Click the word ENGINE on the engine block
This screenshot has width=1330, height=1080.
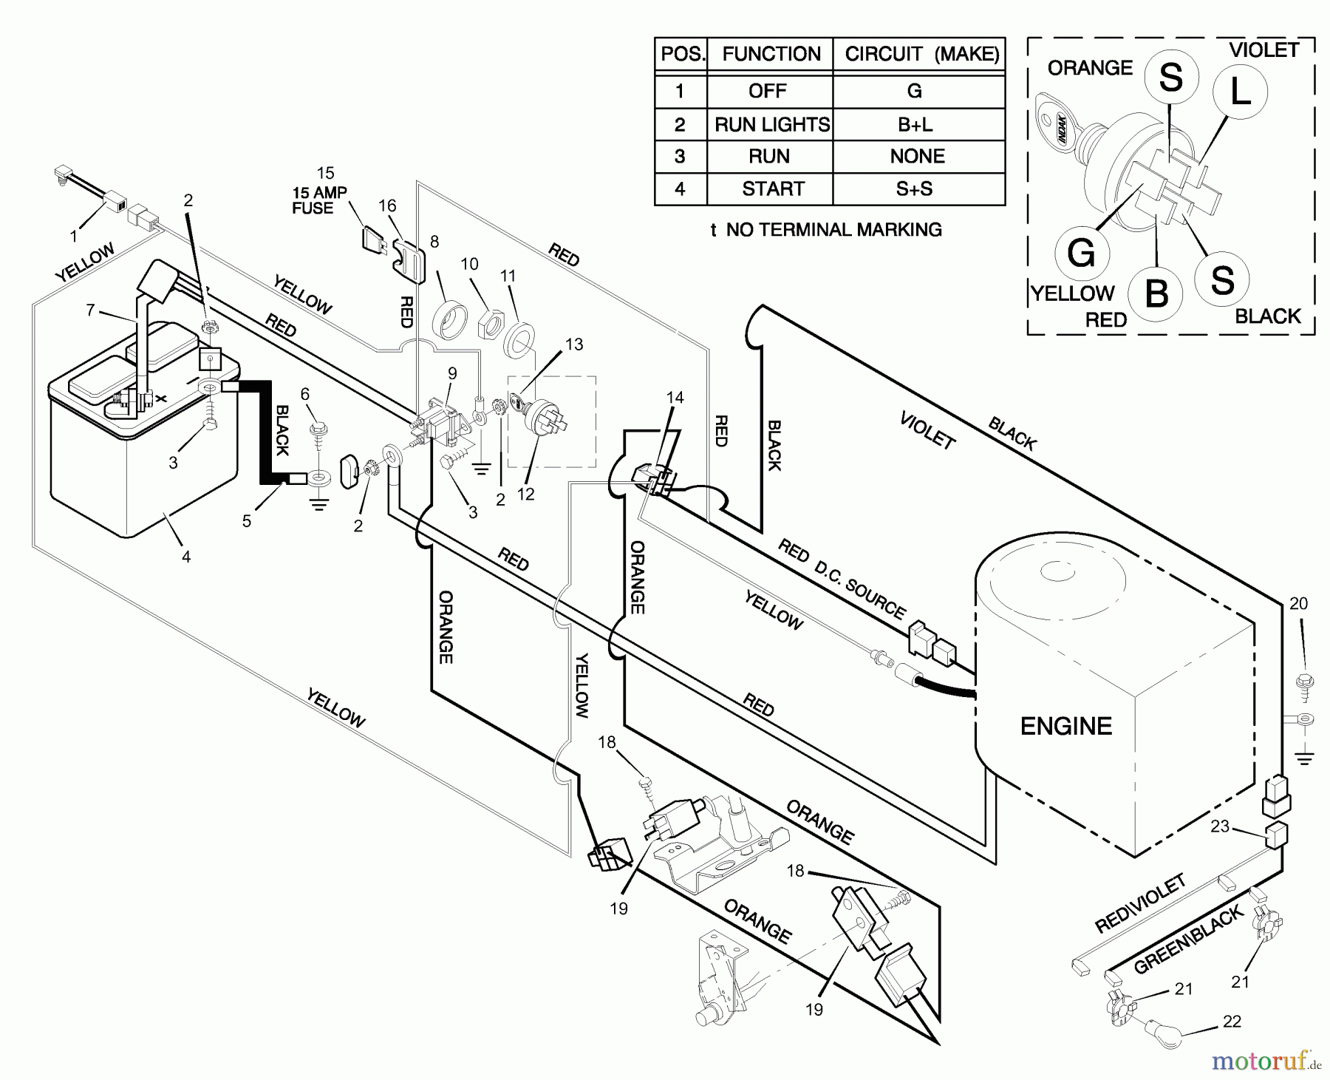tap(1065, 726)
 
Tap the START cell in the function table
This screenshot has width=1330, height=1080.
tap(771, 189)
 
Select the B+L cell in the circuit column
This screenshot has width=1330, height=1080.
tap(915, 124)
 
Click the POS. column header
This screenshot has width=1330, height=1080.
tap(682, 54)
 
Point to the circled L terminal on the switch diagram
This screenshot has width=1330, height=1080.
tap(1240, 92)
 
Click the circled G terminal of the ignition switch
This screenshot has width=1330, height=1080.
tap(1081, 254)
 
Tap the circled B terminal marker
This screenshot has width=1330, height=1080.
tap(1156, 293)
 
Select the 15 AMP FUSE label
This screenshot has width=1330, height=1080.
tap(318, 200)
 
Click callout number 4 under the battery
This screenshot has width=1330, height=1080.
tap(186, 557)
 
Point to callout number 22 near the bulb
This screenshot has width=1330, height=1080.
tap(1232, 1021)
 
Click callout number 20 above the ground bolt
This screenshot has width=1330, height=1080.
tap(1298, 603)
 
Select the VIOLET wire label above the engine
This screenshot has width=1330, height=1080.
tap(927, 430)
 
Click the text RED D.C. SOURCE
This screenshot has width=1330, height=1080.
tap(841, 580)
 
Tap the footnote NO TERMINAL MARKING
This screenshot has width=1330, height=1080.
tap(826, 230)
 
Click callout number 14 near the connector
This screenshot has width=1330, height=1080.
tap(675, 397)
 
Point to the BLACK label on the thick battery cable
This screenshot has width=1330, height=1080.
tap(282, 429)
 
